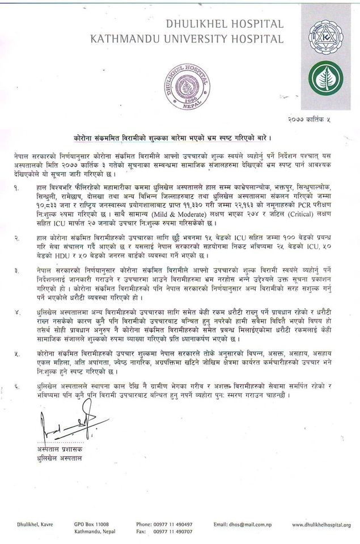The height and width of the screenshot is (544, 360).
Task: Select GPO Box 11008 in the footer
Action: tap(91, 525)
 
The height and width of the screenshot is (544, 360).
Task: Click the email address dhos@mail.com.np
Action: tap(244, 525)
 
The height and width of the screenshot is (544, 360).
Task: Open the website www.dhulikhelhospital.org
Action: tap(321, 525)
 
